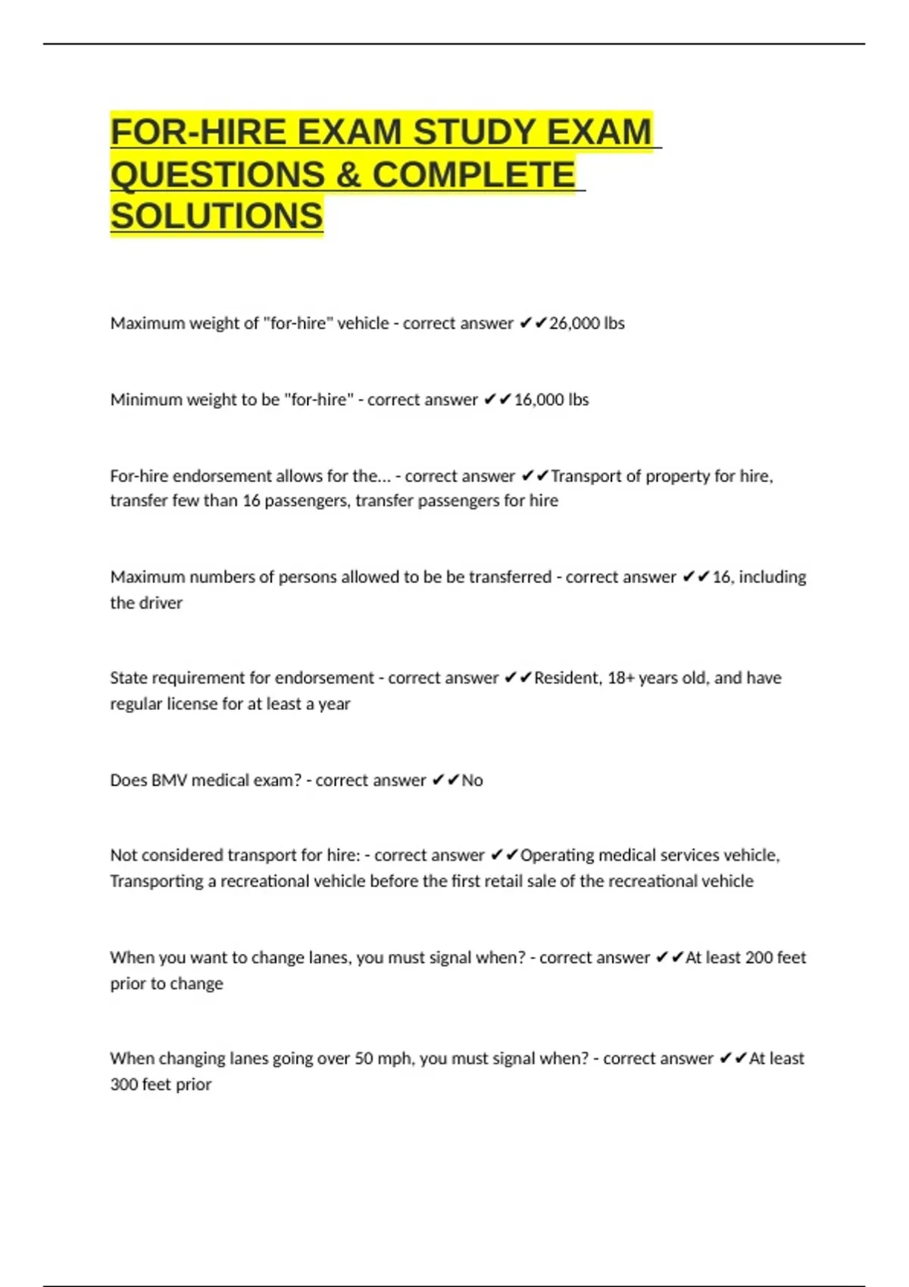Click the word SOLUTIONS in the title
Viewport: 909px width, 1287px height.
pos(217,217)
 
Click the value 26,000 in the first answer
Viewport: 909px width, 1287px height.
pos(574,323)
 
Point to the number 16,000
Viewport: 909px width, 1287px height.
pos(539,400)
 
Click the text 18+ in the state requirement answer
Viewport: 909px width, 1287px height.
pos(620,678)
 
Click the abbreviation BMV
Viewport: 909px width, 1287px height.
pos(169,781)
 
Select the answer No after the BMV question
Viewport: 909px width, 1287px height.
pos(472,781)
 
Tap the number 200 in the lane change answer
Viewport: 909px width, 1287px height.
pos(758,958)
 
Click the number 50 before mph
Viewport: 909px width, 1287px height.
pos(364,1058)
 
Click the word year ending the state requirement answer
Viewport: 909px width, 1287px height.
pos(334,704)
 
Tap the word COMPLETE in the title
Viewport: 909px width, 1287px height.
pos(473,175)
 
